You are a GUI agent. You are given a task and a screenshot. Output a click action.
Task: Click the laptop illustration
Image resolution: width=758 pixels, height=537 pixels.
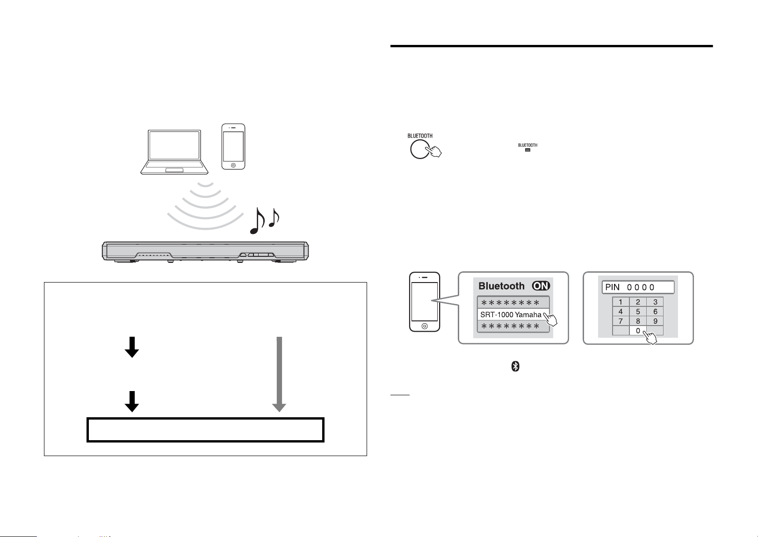click(174, 152)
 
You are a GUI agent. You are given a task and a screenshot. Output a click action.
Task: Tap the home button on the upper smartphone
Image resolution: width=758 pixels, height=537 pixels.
click(233, 165)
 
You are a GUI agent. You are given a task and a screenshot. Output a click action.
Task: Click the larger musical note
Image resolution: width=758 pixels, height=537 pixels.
click(257, 221)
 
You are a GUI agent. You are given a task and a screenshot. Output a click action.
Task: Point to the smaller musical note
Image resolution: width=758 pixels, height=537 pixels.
click(274, 218)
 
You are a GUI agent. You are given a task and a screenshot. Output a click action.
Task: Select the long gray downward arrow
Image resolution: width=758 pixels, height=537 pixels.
click(279, 374)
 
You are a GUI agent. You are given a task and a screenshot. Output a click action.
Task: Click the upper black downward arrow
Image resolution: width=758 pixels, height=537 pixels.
click(132, 347)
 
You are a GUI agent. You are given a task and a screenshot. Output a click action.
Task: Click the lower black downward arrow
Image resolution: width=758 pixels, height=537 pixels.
click(132, 401)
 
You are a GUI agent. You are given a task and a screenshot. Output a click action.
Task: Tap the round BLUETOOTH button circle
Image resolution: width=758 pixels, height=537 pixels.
click(420, 149)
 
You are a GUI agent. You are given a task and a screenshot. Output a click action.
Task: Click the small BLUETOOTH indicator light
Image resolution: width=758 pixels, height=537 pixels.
click(527, 150)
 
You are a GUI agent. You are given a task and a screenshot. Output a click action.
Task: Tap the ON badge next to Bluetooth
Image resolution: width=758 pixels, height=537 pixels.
click(541, 286)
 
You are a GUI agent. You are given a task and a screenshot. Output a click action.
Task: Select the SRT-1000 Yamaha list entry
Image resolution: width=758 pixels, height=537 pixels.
click(513, 314)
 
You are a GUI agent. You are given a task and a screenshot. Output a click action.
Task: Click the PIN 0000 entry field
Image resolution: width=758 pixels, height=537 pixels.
click(638, 287)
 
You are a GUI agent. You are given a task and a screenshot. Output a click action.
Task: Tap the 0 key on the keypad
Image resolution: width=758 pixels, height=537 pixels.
click(638, 330)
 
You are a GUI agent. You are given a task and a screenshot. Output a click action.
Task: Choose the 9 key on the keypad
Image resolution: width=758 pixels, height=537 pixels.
click(655, 321)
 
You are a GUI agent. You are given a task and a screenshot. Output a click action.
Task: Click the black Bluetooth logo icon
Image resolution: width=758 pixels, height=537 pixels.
click(515, 366)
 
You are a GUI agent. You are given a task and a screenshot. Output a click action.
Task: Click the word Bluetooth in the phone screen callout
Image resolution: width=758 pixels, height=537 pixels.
click(501, 286)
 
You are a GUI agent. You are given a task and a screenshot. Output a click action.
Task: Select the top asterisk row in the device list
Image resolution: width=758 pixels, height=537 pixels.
click(513, 302)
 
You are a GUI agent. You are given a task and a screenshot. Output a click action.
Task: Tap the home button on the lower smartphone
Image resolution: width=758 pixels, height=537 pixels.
click(425, 326)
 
